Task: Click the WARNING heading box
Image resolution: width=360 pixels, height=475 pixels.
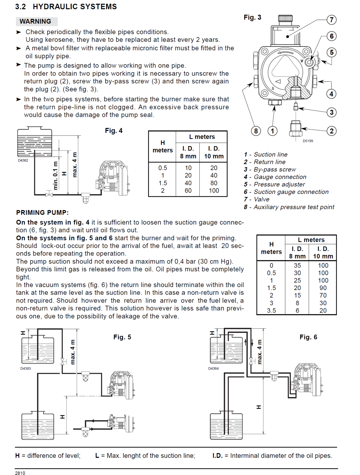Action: click(36, 21)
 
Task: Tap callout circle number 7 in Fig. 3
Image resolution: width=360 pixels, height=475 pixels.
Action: click(332, 20)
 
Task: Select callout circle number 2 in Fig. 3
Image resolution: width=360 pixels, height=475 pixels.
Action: click(332, 131)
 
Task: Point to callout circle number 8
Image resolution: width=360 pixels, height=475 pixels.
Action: click(256, 131)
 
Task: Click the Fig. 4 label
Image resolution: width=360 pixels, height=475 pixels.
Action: click(114, 131)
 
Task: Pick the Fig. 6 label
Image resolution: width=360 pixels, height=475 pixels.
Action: click(308, 337)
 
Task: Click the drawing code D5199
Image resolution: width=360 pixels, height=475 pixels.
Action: click(308, 141)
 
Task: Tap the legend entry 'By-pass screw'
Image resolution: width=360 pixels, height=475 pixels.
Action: click(275, 170)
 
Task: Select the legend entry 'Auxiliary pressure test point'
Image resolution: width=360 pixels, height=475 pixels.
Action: click(294, 207)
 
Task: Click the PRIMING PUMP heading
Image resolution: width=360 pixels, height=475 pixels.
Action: click(42, 213)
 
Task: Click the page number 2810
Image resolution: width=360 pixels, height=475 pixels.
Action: click(20, 473)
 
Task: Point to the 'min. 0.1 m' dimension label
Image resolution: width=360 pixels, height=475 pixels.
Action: click(55, 175)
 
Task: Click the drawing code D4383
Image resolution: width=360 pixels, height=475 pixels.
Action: click(26, 368)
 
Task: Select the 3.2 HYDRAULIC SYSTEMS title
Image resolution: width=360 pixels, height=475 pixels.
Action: click(66, 7)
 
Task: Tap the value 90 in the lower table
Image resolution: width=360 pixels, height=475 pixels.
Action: click(323, 288)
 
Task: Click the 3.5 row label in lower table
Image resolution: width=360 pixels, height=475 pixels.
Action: click(271, 311)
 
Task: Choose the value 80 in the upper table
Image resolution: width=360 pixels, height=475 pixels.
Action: click(214, 183)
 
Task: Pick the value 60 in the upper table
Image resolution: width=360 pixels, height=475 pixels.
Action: click(188, 191)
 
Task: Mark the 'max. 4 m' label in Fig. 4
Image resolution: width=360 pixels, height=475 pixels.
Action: click(74, 164)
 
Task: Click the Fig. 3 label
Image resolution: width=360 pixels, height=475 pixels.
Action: click(252, 17)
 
